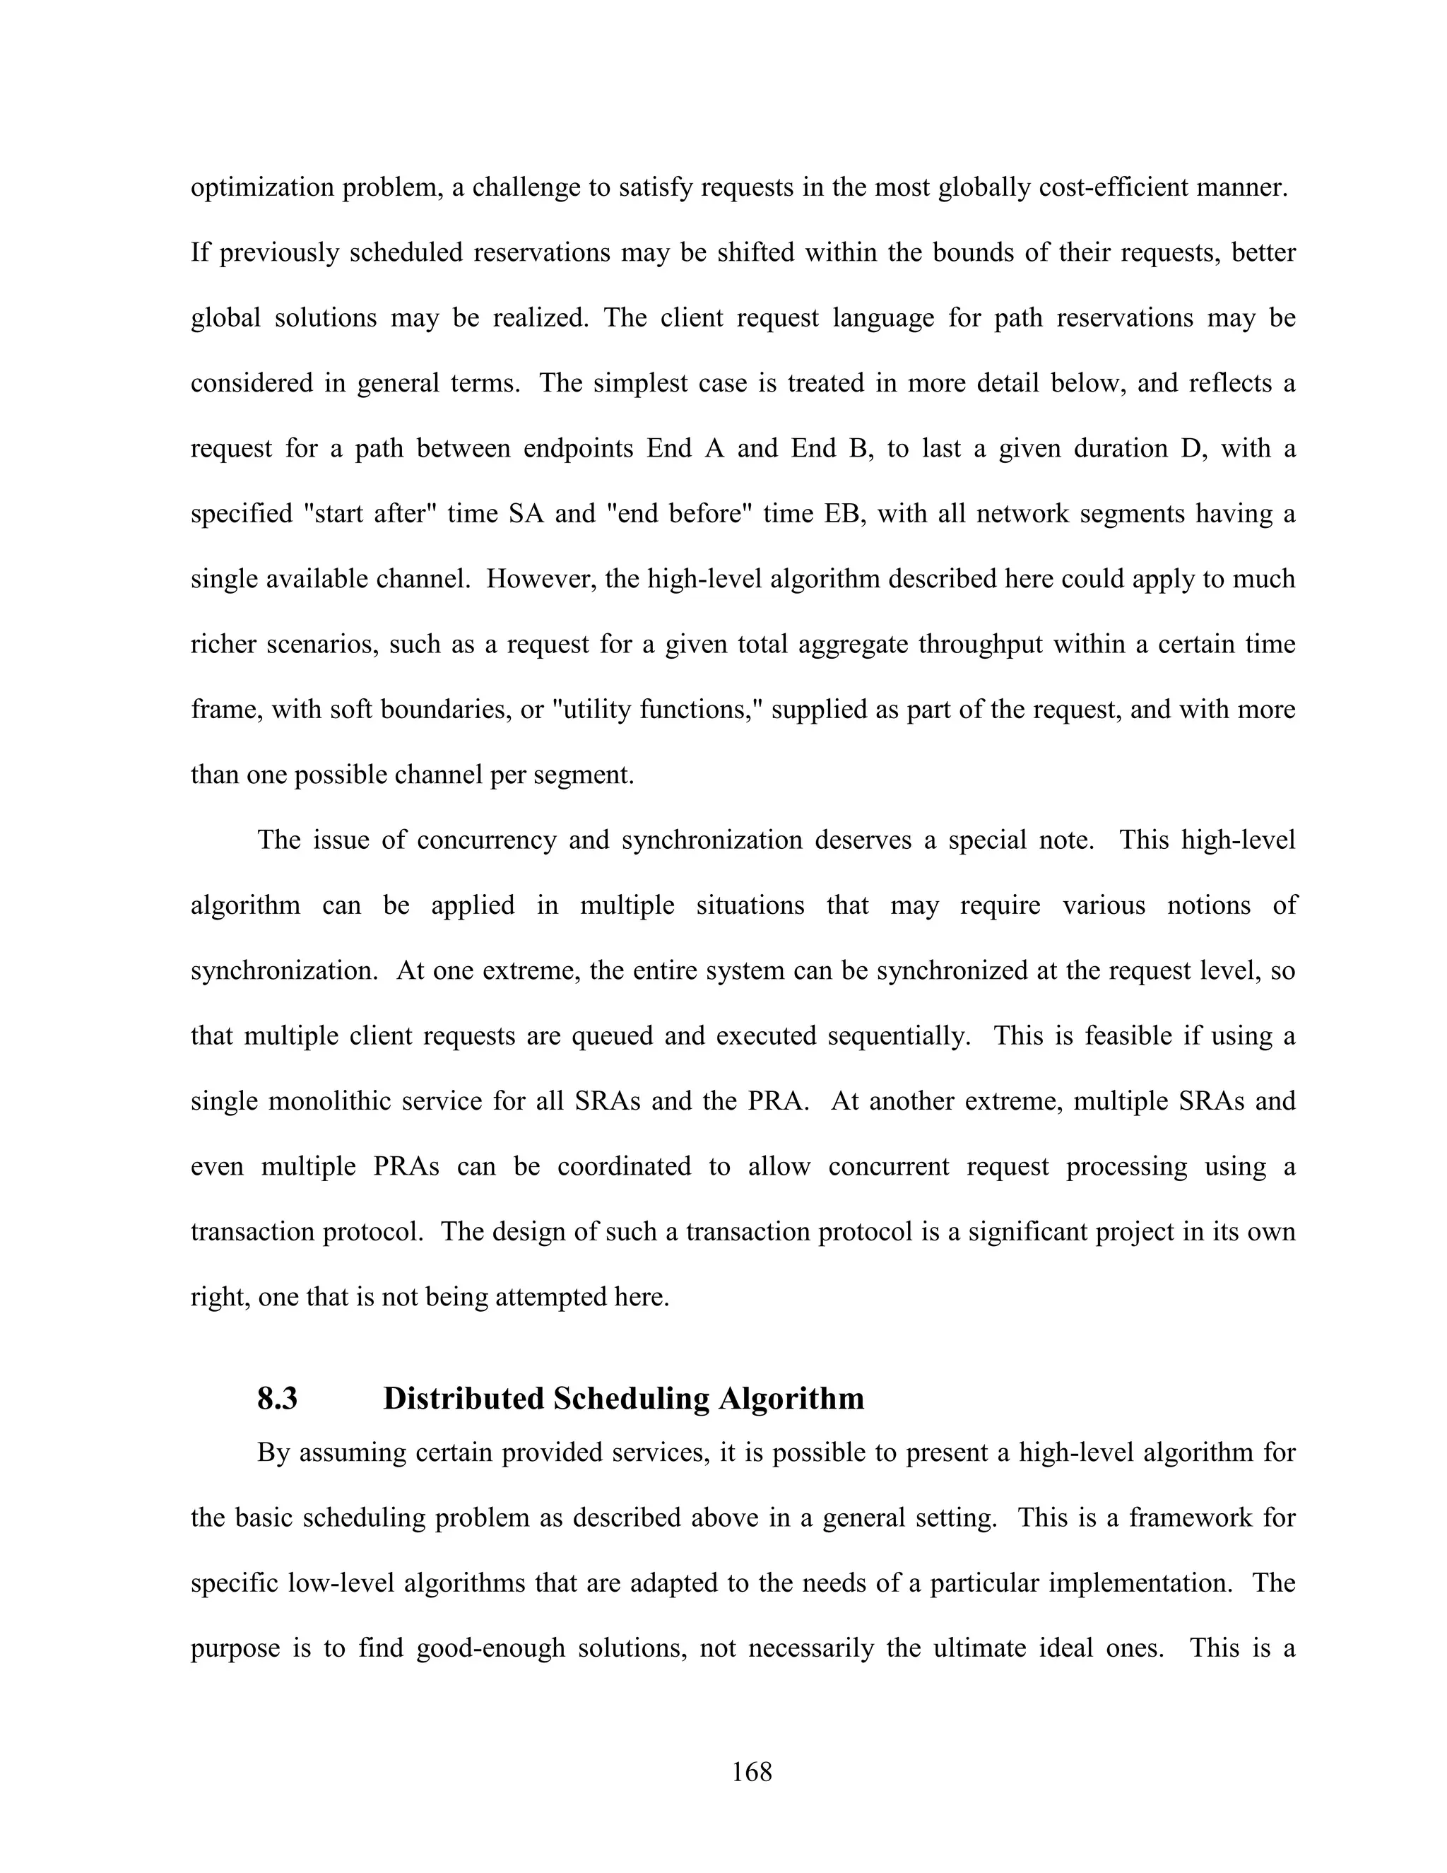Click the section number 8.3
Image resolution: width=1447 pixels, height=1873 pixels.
tap(277, 1399)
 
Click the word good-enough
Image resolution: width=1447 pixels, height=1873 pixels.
tap(490, 1648)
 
